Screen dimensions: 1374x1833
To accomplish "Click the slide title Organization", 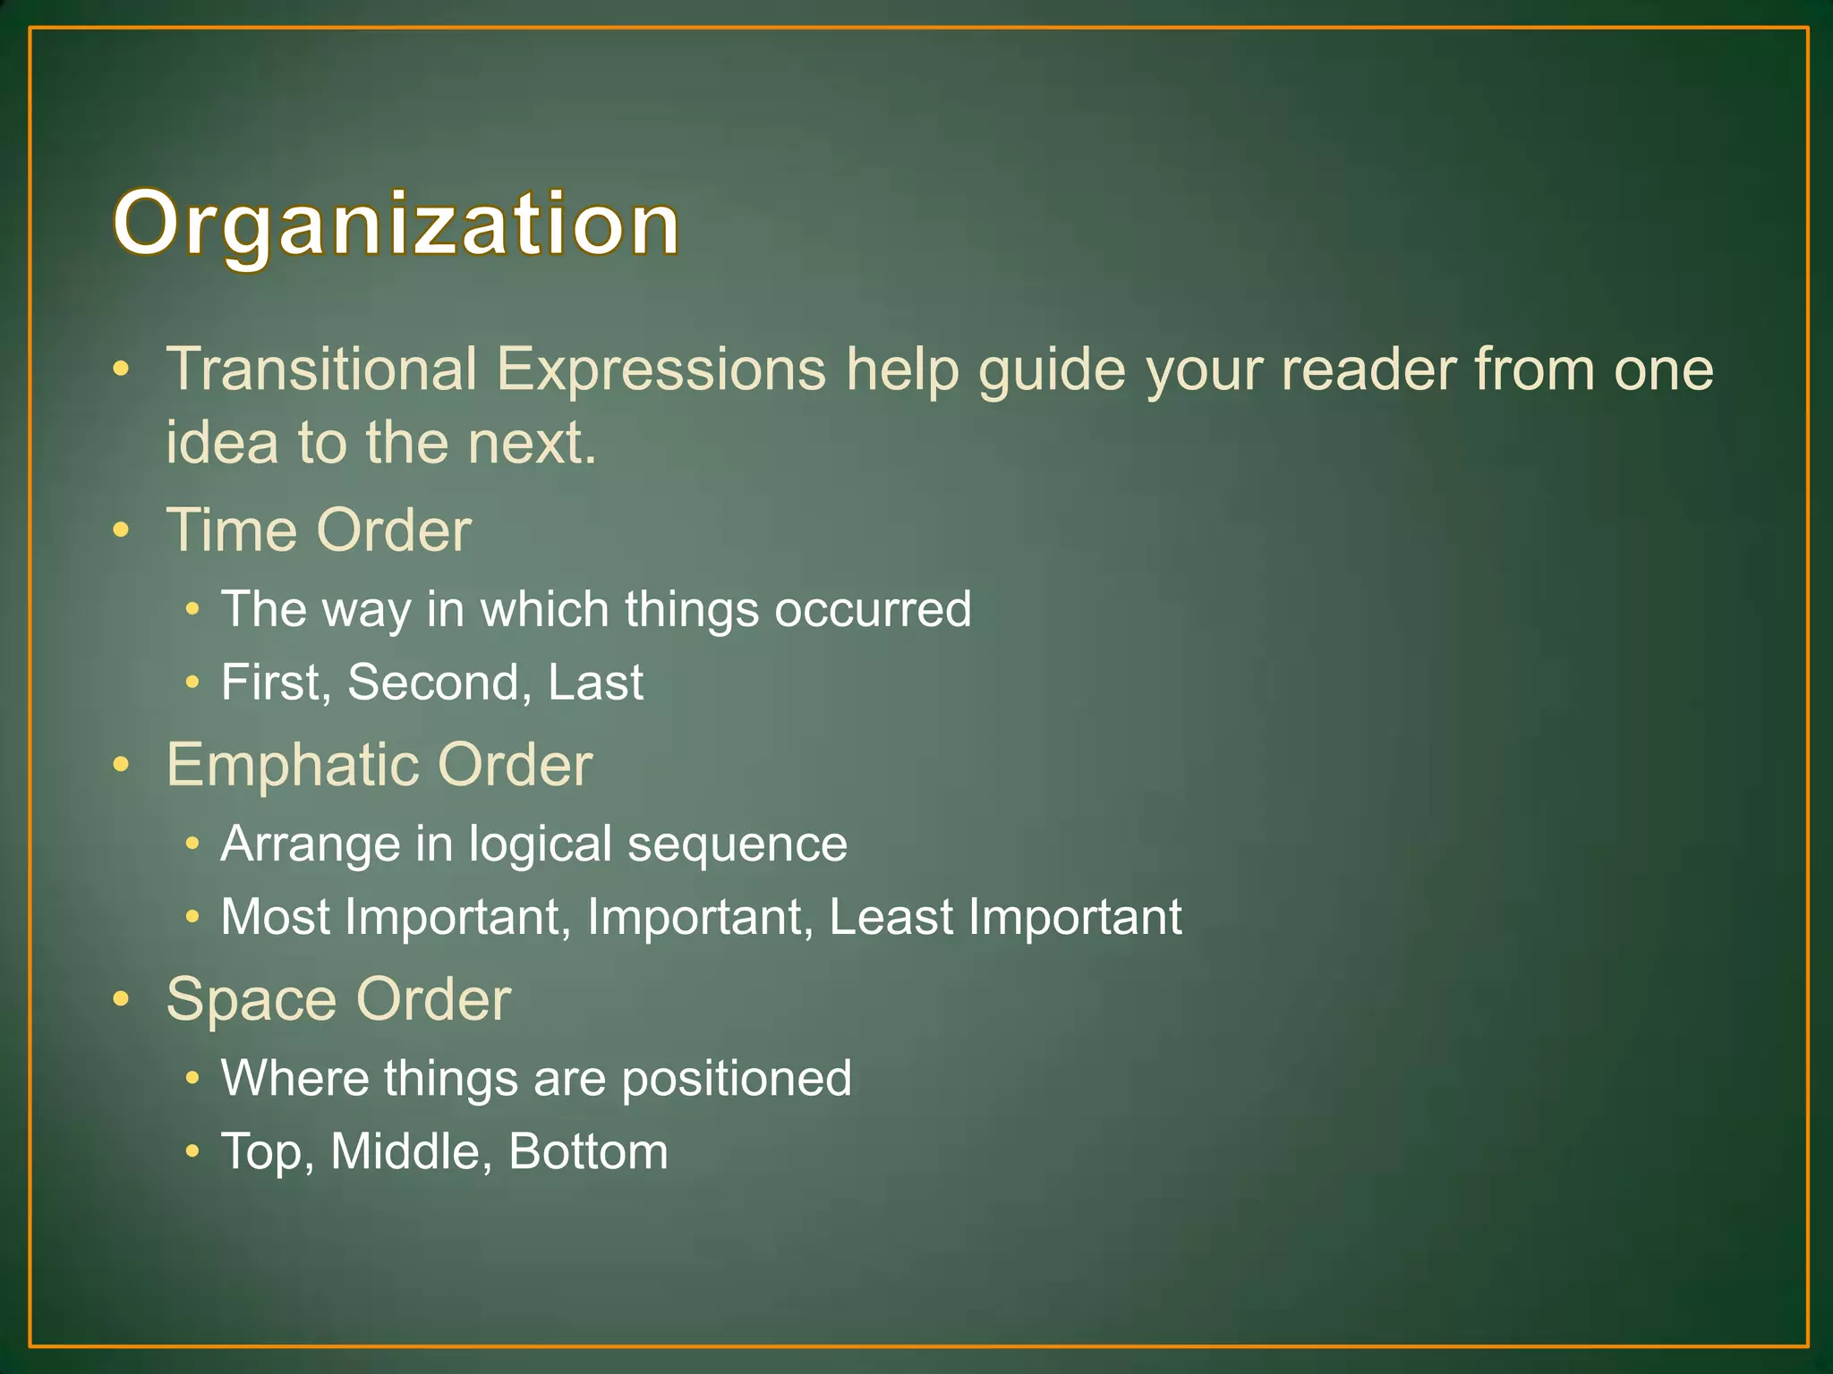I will (396, 224).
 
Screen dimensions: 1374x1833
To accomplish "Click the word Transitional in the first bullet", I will (321, 369).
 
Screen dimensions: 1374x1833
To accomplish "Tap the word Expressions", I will (661, 369).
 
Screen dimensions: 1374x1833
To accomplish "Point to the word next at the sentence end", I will (525, 442).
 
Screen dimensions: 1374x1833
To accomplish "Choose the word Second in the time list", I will (433, 683).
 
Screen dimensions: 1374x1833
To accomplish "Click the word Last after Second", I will (595, 683).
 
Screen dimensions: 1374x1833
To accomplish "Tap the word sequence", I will (737, 844).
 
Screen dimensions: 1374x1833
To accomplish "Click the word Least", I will (891, 917).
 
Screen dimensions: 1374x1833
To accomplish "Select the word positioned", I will (736, 1079).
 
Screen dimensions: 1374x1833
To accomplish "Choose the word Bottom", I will (588, 1151).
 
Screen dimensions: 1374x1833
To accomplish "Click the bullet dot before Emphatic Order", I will (122, 765).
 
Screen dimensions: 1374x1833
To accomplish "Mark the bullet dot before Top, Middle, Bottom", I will (192, 1152).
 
